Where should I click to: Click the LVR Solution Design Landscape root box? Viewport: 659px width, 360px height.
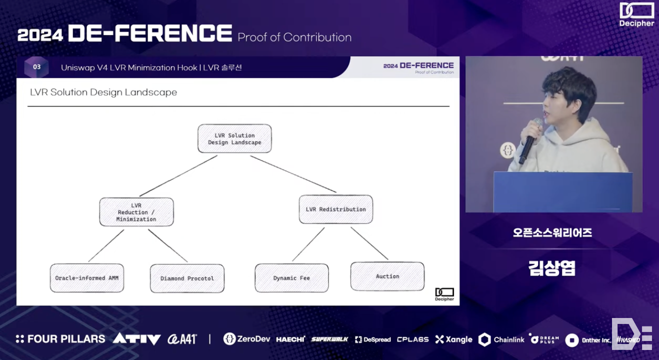(x=234, y=139)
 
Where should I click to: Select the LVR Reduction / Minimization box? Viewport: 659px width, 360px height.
(x=136, y=212)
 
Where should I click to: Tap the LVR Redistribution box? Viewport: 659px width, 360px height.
(x=335, y=209)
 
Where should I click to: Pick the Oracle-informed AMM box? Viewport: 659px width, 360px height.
(x=87, y=278)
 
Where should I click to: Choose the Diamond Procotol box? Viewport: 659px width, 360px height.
(x=187, y=278)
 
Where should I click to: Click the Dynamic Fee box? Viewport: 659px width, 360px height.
(x=291, y=278)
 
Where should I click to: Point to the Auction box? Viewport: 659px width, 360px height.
(x=387, y=276)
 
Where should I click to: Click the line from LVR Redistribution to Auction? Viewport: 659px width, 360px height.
(x=369, y=243)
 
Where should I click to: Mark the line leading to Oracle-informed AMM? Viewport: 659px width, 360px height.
(x=106, y=245)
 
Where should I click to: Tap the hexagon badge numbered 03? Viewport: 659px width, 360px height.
(x=36, y=67)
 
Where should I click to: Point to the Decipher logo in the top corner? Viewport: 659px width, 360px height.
(x=636, y=14)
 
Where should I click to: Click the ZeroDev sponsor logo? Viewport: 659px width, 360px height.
(x=247, y=339)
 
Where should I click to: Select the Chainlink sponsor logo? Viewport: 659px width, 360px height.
(x=501, y=339)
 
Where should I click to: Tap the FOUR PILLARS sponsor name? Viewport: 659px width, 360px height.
(x=60, y=339)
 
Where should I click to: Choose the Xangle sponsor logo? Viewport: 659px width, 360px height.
(x=453, y=339)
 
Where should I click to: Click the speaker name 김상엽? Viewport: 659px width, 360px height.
(x=552, y=268)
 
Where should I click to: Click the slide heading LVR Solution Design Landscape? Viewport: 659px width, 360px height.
(x=103, y=92)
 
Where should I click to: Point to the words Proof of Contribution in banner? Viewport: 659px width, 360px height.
(x=294, y=37)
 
